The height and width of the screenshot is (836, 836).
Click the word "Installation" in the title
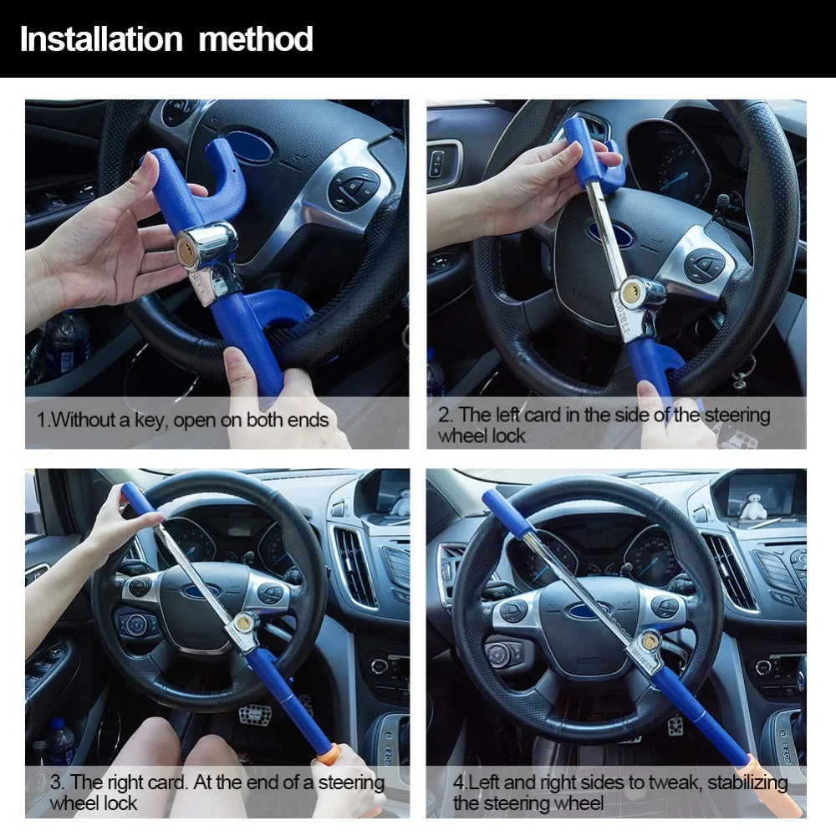[x=101, y=39]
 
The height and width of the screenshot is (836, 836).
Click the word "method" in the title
[x=255, y=39]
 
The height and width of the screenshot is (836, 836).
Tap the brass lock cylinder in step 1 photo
[x=186, y=248]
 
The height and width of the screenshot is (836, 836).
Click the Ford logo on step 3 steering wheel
[x=201, y=591]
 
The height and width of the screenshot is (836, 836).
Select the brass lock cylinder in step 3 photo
[x=245, y=622]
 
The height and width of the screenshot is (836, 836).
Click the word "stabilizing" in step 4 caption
[x=747, y=782]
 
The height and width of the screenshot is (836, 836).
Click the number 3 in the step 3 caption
[x=55, y=782]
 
